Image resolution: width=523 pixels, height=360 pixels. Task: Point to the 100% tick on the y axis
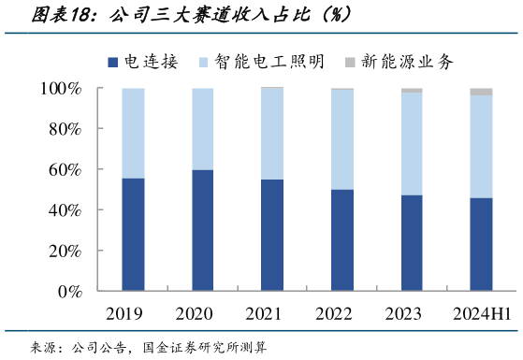(x=64, y=89)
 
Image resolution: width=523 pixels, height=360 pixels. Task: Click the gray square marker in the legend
(x=351, y=63)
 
